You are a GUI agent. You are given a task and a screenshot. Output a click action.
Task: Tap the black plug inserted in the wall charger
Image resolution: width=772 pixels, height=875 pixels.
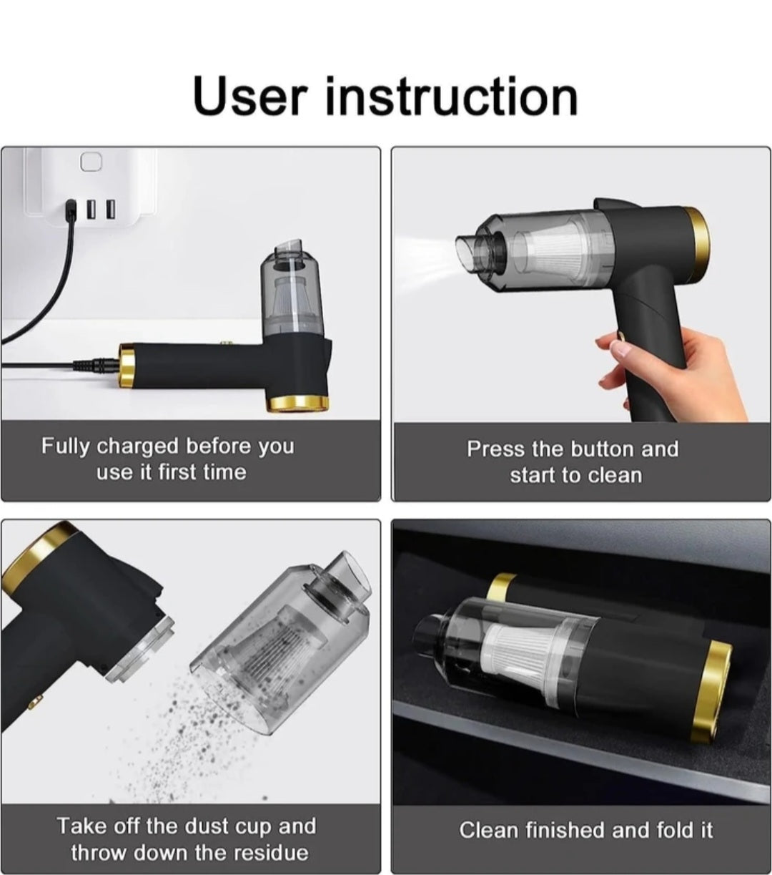tap(70, 210)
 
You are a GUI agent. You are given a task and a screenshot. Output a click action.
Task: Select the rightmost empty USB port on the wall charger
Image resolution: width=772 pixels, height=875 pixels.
tap(110, 209)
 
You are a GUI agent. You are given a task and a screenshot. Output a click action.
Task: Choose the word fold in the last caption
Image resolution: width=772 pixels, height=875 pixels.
tap(673, 830)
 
